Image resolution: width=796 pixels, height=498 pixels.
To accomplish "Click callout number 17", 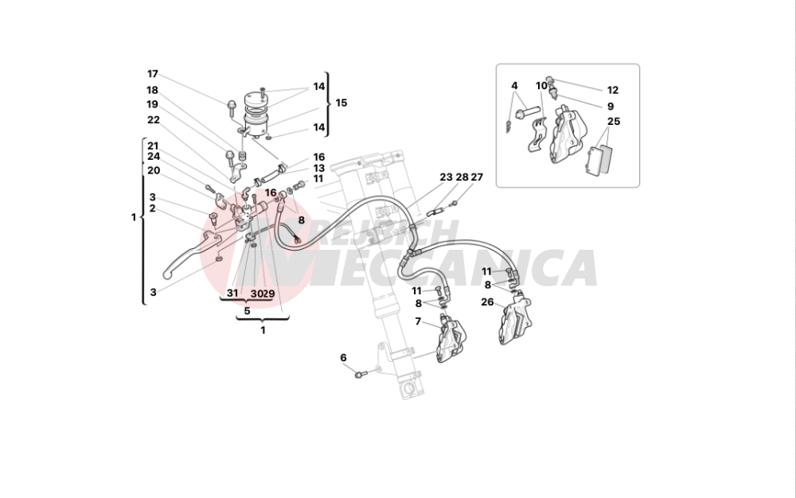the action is tap(153, 74).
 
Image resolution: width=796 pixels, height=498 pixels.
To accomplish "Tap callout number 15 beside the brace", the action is tap(341, 103).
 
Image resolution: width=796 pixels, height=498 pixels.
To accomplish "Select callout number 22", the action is tap(154, 119).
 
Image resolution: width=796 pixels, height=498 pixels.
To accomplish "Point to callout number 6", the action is tap(343, 358).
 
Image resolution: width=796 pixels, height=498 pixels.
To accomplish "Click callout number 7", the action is tap(418, 321).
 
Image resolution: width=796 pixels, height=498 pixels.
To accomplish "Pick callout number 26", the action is tap(487, 302).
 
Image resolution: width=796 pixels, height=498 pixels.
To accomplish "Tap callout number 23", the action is tap(446, 177).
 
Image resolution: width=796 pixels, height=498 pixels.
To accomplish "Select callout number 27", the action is tap(477, 177).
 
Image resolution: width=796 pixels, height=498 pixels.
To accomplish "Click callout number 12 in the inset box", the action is tap(613, 90).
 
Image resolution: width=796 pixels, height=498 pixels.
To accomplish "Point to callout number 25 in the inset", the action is tap(613, 122).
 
